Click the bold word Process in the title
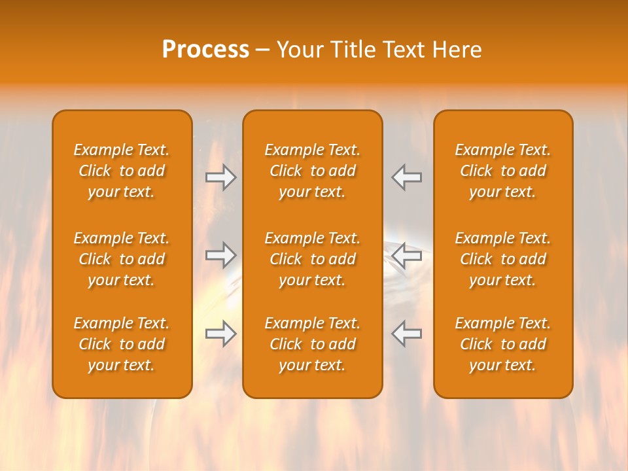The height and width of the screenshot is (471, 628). click(x=205, y=50)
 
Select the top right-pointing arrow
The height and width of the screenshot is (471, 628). click(x=221, y=177)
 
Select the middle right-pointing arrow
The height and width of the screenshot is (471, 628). click(x=221, y=254)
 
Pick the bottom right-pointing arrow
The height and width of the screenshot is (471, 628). click(x=221, y=334)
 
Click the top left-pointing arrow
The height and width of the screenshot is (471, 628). click(x=406, y=177)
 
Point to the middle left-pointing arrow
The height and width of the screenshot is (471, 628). click(x=406, y=254)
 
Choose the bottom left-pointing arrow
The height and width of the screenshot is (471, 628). click(x=406, y=334)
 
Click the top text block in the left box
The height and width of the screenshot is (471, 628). click(x=122, y=171)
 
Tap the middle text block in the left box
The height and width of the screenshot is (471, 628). click(x=122, y=259)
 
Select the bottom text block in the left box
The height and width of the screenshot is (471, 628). click(x=122, y=344)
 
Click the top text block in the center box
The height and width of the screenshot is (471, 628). click(x=312, y=171)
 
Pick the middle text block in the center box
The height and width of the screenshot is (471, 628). click(x=312, y=259)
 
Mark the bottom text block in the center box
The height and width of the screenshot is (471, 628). click(x=312, y=344)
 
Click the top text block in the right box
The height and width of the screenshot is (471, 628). click(x=502, y=171)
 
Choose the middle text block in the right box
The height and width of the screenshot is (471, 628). click(x=502, y=259)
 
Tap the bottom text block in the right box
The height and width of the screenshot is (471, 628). click(x=502, y=344)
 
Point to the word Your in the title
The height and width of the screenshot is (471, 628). click(x=300, y=50)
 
